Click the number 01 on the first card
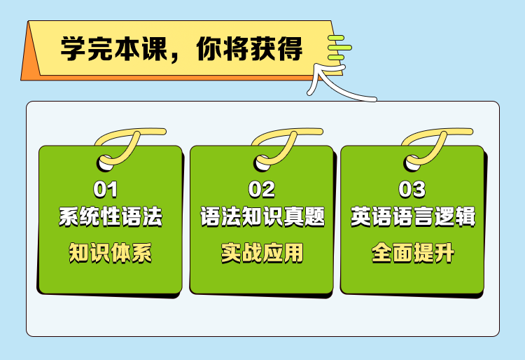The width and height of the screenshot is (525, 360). (106, 189)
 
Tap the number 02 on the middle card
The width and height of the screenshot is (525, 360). (262, 189)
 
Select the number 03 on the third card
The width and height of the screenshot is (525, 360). (412, 189)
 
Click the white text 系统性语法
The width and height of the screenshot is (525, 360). (111, 217)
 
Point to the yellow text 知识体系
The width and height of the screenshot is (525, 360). (111, 253)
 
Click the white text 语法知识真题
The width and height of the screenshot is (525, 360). (262, 217)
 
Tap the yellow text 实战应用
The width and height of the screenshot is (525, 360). (262, 253)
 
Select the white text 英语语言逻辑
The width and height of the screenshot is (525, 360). (413, 217)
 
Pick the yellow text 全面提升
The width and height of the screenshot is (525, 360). (413, 253)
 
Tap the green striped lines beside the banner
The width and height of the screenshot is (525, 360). (339, 48)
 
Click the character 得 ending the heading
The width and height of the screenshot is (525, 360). (290, 48)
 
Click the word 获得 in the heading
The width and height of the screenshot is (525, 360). (276, 48)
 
